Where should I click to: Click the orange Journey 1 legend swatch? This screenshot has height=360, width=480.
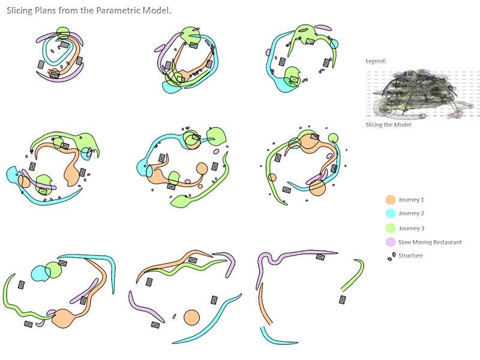[x=391, y=200]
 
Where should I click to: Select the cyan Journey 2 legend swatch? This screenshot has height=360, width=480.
[x=391, y=214]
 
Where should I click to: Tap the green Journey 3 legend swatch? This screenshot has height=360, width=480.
[x=391, y=229]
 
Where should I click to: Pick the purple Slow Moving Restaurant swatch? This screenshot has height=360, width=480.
[x=391, y=242]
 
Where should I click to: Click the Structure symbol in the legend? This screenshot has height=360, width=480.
[x=392, y=257]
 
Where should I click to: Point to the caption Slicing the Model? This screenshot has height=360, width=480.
[x=388, y=125]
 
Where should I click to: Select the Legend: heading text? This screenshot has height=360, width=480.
[x=376, y=61]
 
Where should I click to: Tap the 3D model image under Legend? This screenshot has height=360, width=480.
[x=422, y=94]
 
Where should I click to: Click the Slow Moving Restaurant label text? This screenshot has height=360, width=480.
[x=430, y=242]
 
